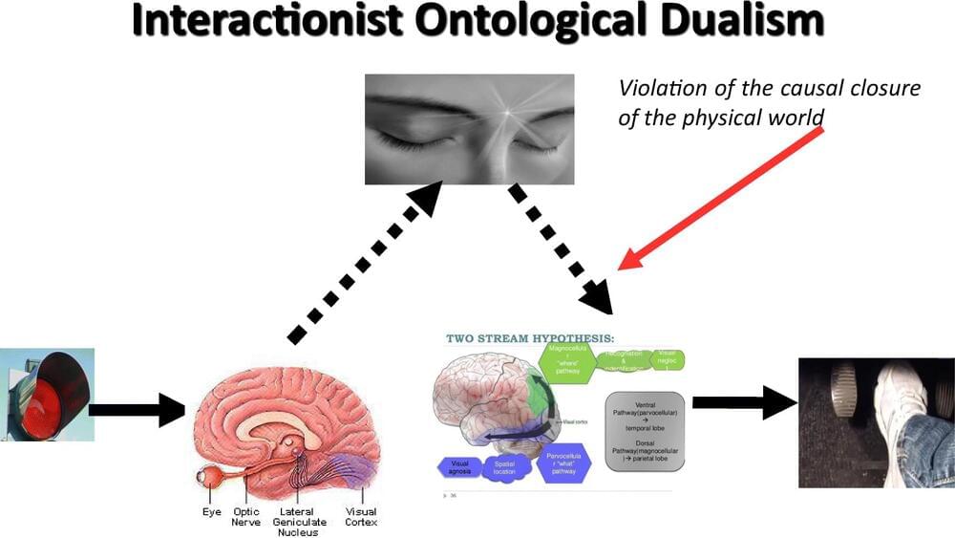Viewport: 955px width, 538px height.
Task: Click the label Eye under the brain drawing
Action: [x=212, y=513]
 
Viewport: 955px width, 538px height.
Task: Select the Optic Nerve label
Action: [x=245, y=518]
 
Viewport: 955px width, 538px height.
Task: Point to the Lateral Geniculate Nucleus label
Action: [x=299, y=523]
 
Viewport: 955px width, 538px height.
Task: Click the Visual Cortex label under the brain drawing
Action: [x=361, y=518]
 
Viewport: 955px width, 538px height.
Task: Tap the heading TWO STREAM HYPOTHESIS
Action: [x=531, y=337]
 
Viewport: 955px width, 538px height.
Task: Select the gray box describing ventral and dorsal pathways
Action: [x=645, y=431]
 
